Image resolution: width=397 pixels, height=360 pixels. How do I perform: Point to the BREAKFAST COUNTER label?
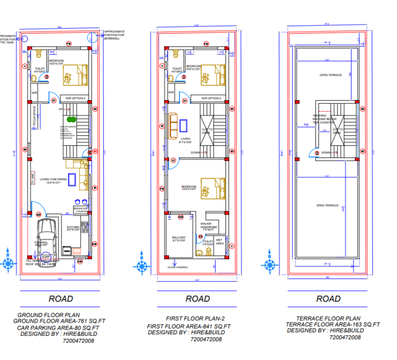pos(81,210)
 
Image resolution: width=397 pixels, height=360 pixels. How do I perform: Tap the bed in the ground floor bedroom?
pos(75,74)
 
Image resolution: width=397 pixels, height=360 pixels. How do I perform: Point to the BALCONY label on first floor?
pos(179,239)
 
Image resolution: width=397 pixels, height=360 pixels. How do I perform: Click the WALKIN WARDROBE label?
pos(209,226)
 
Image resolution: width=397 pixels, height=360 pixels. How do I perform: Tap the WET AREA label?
pos(220,241)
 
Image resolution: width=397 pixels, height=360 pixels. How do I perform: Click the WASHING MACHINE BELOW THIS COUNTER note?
pos(320,119)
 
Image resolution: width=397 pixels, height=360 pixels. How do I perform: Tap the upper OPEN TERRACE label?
pos(330,75)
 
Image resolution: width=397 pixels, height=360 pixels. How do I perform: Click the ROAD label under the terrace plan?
pos(328,299)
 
